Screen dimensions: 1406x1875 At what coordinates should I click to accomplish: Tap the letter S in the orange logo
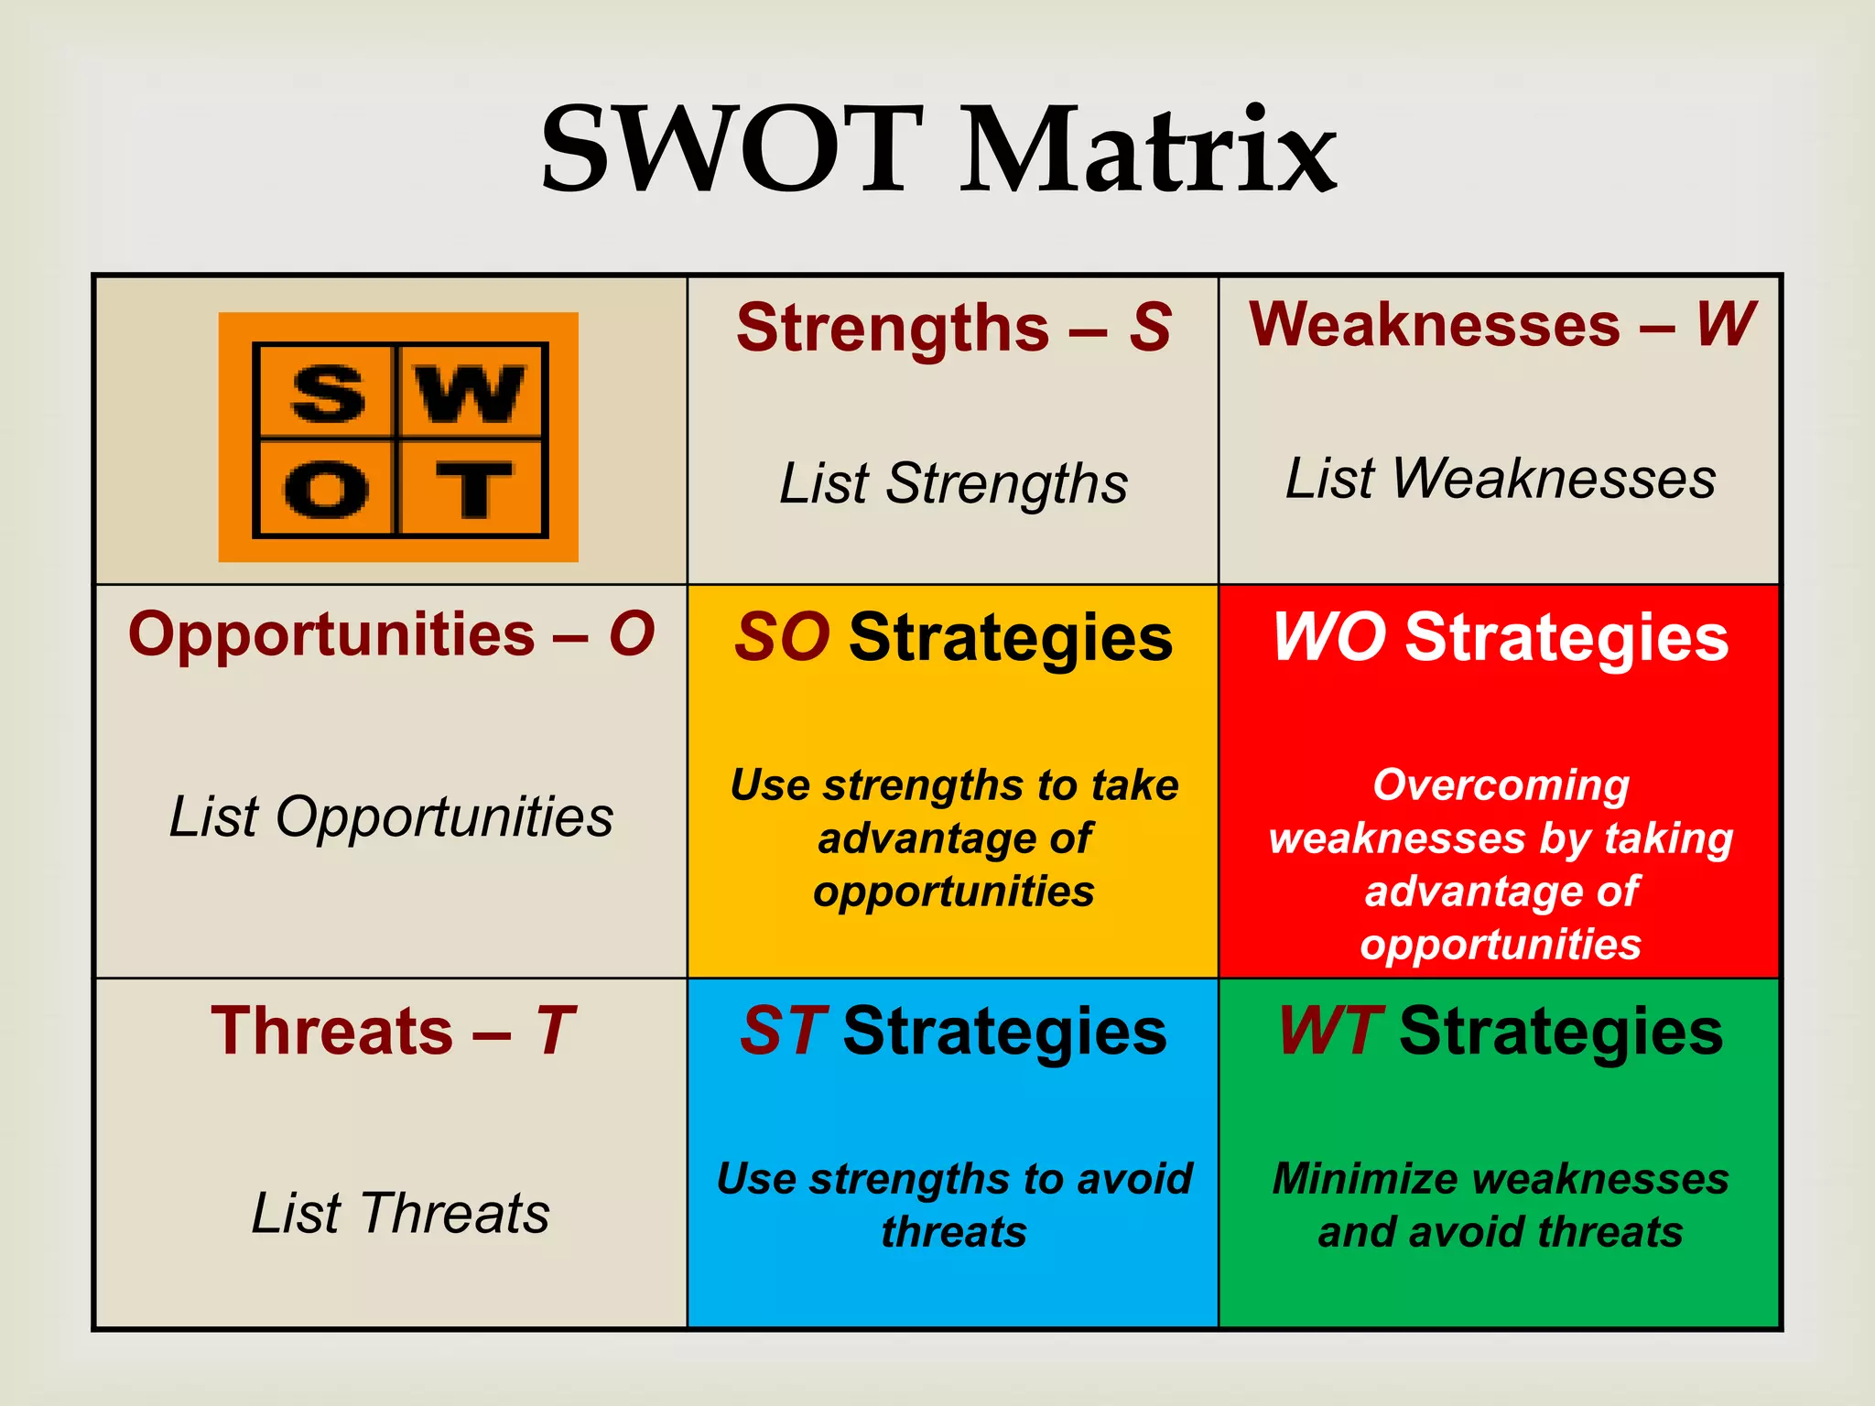[328, 395]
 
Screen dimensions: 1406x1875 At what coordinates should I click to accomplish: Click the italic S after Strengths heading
[1150, 328]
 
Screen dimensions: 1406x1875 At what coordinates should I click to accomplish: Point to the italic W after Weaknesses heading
[1725, 324]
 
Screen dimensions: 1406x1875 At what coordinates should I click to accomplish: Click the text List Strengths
[953, 483]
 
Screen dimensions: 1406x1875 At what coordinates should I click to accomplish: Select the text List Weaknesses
[1501, 479]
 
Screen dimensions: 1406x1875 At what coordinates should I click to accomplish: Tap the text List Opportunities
[391, 817]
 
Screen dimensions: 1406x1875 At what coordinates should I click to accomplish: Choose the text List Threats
[400, 1214]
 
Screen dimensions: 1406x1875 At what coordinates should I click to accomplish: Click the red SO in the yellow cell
[782, 638]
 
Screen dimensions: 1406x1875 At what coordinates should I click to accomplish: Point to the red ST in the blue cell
[784, 1032]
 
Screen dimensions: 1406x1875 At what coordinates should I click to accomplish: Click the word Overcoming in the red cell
[1501, 785]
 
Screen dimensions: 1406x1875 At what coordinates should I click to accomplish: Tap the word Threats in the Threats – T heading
[331, 1032]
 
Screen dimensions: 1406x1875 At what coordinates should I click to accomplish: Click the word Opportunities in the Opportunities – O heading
[331, 634]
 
